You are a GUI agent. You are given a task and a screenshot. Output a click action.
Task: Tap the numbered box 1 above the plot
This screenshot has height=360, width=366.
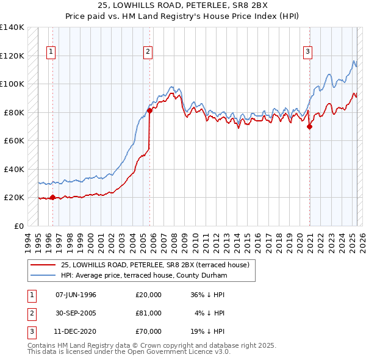coord(51,52)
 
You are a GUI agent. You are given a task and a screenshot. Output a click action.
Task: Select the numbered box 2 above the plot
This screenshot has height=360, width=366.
coord(148,52)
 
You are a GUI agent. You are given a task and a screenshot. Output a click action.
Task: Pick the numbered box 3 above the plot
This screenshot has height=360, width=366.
coord(308,52)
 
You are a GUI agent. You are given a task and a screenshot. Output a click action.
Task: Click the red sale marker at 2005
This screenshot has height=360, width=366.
coord(149,110)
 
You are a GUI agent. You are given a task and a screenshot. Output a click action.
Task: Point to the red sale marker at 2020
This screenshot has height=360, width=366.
coord(310,127)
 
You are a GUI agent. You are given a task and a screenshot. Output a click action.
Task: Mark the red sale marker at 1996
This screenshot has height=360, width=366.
coord(52,197)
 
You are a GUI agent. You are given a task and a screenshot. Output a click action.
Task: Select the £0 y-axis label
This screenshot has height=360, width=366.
coord(18,226)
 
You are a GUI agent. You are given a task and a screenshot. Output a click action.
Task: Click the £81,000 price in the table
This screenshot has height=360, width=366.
coord(149,313)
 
